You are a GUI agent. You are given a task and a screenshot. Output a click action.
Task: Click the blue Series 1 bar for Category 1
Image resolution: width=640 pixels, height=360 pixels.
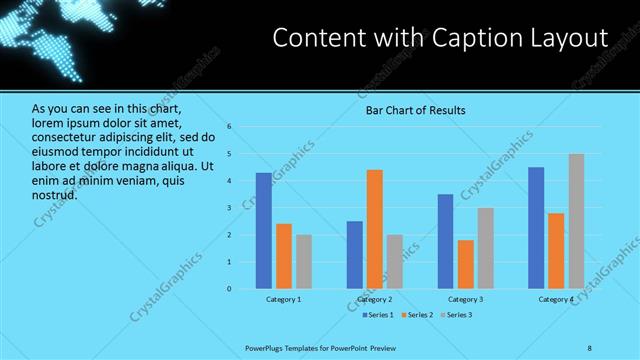pyautogui.click(x=263, y=231)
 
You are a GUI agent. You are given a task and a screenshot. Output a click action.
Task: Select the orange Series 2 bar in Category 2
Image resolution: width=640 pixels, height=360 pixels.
pyautogui.click(x=375, y=229)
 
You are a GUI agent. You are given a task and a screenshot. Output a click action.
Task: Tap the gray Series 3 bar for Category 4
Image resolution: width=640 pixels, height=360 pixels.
pyautogui.click(x=576, y=221)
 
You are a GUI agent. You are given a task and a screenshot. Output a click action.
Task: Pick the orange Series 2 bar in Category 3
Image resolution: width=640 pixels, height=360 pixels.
pyautogui.click(x=466, y=264)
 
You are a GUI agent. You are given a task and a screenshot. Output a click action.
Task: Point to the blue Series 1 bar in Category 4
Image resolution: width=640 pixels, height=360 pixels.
pyautogui.click(x=536, y=228)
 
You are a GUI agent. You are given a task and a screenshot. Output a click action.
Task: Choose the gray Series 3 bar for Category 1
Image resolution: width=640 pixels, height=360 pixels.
pyautogui.click(x=304, y=262)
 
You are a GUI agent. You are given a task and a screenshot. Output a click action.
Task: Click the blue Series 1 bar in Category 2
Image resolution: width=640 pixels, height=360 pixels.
pyautogui.click(x=355, y=255)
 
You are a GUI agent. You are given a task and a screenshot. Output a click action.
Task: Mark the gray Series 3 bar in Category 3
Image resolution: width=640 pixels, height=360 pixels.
pyautogui.click(x=486, y=248)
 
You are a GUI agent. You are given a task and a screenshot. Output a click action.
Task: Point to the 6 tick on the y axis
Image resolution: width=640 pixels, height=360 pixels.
pyautogui.click(x=229, y=127)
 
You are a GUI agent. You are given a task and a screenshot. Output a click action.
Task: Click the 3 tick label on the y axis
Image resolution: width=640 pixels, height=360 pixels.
pyautogui.click(x=229, y=208)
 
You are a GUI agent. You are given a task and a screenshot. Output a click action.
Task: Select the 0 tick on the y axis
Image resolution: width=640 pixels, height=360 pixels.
pyautogui.click(x=229, y=289)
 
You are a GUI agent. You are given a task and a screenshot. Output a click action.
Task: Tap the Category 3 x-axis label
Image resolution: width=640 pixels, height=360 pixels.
pyautogui.click(x=465, y=299)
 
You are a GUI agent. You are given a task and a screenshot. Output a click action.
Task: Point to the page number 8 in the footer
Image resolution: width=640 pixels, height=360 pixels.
pyautogui.click(x=590, y=346)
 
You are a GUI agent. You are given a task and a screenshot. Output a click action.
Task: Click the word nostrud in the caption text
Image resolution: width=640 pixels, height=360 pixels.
pyautogui.click(x=55, y=195)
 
